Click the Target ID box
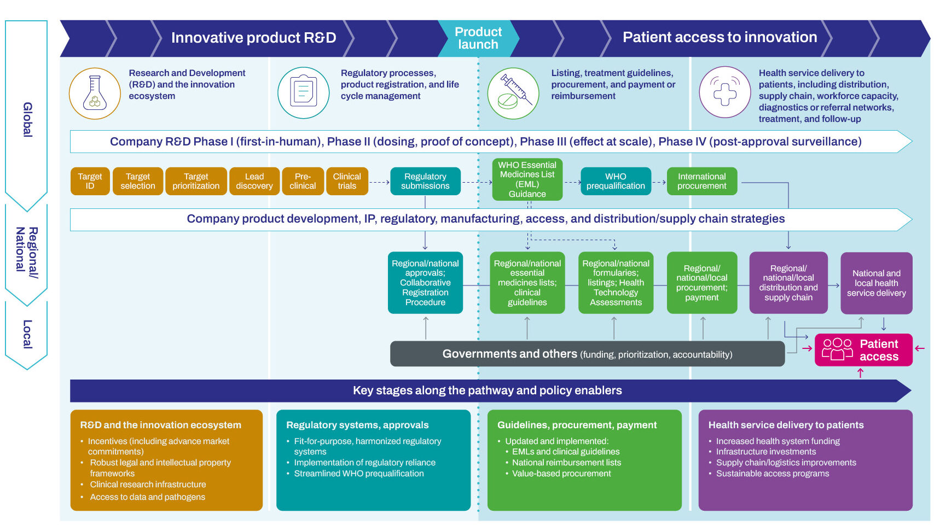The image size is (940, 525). click(90, 181)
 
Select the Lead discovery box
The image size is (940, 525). click(254, 181)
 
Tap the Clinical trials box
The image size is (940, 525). click(347, 181)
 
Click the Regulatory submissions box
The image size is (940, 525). click(425, 181)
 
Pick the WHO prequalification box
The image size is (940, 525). click(616, 181)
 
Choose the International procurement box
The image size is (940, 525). click(701, 181)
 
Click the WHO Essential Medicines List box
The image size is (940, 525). click(527, 179)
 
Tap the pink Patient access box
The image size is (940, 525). click(863, 350)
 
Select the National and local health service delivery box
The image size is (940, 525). click(876, 283)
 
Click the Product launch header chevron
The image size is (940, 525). click(478, 38)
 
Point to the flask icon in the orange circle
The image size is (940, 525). click(95, 94)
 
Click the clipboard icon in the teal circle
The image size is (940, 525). click(304, 92)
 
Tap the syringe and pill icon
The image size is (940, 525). click(513, 94)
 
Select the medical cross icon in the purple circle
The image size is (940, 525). click(725, 92)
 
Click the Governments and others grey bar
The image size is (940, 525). click(587, 354)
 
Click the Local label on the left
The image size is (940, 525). click(27, 334)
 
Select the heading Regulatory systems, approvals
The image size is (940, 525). click(357, 425)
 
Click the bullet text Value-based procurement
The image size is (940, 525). click(561, 474)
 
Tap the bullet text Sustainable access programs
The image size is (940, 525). click(773, 474)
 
